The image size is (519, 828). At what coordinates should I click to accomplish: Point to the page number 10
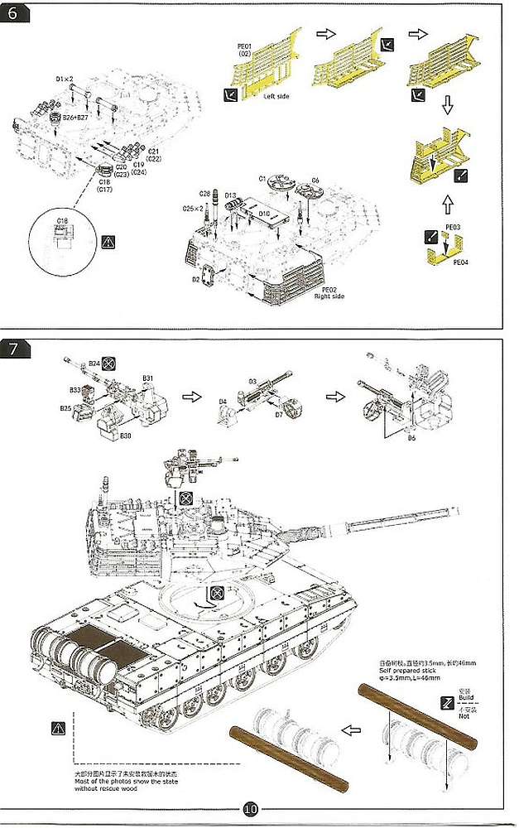coord(252,809)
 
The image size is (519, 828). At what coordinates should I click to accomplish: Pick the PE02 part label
coord(329,289)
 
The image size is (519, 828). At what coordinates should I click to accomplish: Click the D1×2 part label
coord(65,79)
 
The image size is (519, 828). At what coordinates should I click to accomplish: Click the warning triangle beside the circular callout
coord(107,242)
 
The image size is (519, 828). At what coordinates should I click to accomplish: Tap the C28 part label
coord(204,193)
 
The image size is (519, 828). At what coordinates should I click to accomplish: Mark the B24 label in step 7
coord(94,363)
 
